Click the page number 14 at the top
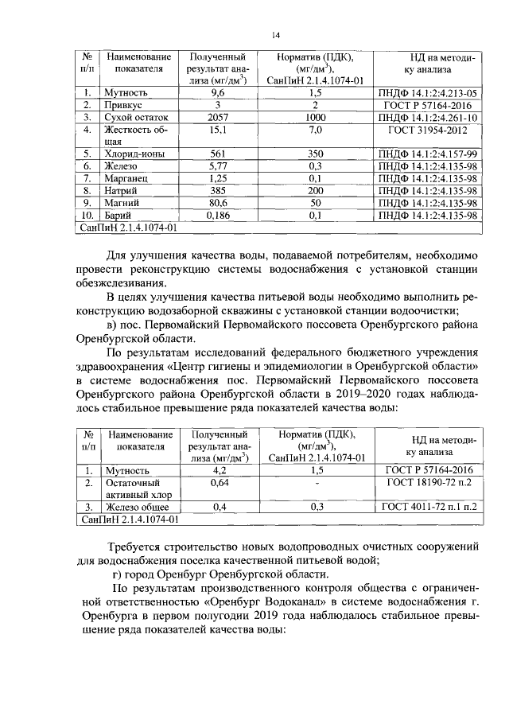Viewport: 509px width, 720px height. [276, 35]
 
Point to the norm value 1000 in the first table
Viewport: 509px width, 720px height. [316, 116]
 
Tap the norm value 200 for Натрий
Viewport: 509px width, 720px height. [316, 191]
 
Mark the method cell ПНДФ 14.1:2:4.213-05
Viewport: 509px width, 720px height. [429, 92]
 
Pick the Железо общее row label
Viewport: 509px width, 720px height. [138, 507]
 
